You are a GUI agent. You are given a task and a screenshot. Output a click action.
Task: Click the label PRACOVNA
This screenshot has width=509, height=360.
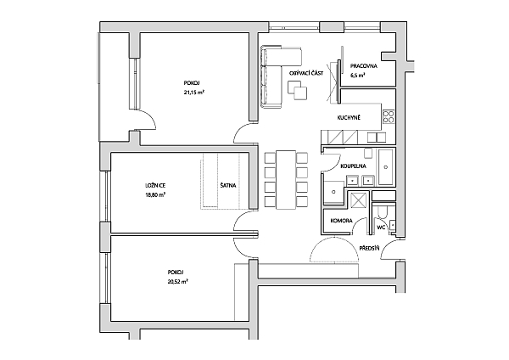364,66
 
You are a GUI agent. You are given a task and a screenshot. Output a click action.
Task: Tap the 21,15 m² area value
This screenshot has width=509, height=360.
194,93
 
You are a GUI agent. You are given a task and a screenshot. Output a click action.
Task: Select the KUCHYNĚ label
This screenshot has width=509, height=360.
349,118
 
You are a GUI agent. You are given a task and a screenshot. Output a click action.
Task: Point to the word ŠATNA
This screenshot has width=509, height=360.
228,186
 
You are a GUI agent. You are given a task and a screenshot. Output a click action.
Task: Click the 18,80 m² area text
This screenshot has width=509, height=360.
155,195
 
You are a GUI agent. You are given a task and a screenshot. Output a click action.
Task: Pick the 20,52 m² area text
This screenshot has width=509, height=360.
178,282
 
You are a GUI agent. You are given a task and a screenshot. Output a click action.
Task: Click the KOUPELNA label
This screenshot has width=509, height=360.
353,166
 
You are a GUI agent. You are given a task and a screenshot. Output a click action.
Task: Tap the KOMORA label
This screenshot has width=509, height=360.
342,221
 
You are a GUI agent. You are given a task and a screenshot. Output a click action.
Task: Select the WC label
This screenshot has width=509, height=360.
381,228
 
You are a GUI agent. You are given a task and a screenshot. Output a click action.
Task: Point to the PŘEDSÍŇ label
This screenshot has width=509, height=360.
369,249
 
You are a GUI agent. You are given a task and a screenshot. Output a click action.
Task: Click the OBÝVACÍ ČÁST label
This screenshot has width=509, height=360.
306,73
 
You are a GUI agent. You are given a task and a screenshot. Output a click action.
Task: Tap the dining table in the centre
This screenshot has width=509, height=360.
286,180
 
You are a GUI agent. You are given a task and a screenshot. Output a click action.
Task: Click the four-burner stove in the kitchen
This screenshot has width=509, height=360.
389,117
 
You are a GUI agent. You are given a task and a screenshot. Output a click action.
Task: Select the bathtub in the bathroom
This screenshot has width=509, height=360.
386,167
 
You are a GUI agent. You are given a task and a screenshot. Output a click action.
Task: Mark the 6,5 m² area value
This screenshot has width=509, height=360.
357,76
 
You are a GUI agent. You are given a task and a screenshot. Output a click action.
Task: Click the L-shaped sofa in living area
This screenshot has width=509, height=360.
271,76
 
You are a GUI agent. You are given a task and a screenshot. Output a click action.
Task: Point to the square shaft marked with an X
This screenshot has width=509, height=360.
358,200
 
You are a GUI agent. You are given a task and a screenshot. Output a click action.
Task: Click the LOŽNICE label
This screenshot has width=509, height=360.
155,186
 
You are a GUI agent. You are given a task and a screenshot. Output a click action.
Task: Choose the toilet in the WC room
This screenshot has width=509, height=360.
383,212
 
